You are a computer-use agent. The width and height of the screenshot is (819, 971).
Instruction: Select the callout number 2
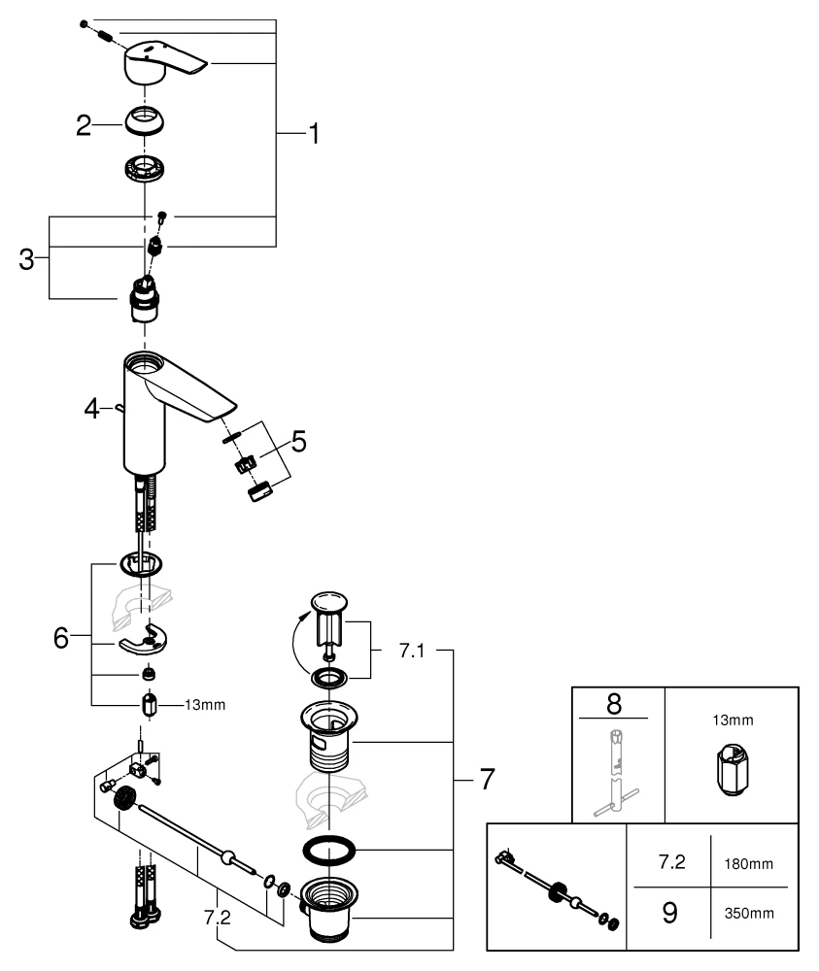85,125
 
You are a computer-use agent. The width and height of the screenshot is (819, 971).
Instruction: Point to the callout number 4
91,409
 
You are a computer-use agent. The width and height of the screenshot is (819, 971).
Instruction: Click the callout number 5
298,443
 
